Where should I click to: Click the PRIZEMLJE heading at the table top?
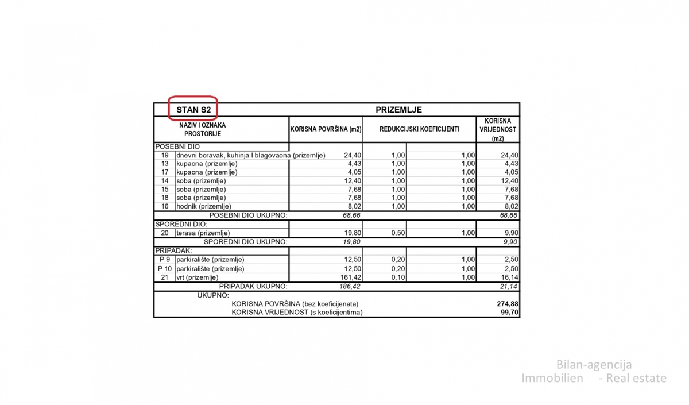pos(399,110)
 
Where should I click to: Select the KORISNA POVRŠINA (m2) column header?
pos(326,130)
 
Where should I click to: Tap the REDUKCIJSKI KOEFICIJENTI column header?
pos(419,130)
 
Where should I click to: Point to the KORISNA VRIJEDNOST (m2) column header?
pos(498,130)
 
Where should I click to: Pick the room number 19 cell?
pos(165,155)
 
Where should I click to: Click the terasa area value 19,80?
pos(351,233)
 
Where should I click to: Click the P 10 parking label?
pos(165,268)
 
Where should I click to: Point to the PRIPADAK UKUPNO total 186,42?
pos(349,286)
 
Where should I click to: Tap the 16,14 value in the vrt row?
pos(509,277)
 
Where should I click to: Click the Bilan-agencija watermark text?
pos(594,365)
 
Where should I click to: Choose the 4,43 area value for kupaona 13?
pos(353,164)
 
